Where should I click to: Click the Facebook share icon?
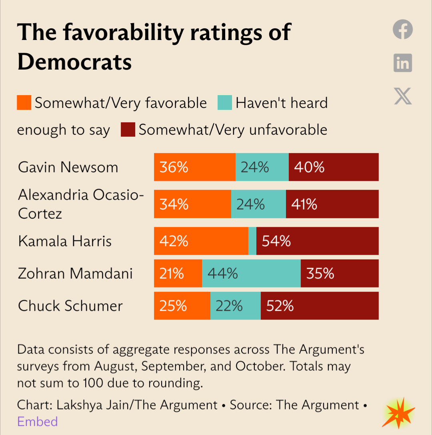click(402, 30)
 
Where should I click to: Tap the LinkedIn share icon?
click(402, 63)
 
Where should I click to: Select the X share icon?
click(402, 96)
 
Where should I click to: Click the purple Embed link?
click(37, 421)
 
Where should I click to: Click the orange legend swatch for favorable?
click(24, 103)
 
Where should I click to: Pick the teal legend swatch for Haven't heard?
click(225, 103)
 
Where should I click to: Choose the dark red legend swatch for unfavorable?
click(128, 130)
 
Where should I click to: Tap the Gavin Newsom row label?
click(68, 167)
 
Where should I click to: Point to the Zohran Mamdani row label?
click(75, 273)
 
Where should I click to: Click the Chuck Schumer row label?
click(70, 306)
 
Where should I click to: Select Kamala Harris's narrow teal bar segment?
click(252, 241)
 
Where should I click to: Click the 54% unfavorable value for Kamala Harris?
click(276, 241)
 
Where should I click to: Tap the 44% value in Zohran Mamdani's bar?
click(222, 273)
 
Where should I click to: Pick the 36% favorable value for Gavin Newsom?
click(174, 167)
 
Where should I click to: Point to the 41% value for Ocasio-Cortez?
click(304, 204)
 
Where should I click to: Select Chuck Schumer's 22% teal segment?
click(235, 306)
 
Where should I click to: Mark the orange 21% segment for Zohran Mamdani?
click(178, 273)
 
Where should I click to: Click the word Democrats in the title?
click(74, 62)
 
